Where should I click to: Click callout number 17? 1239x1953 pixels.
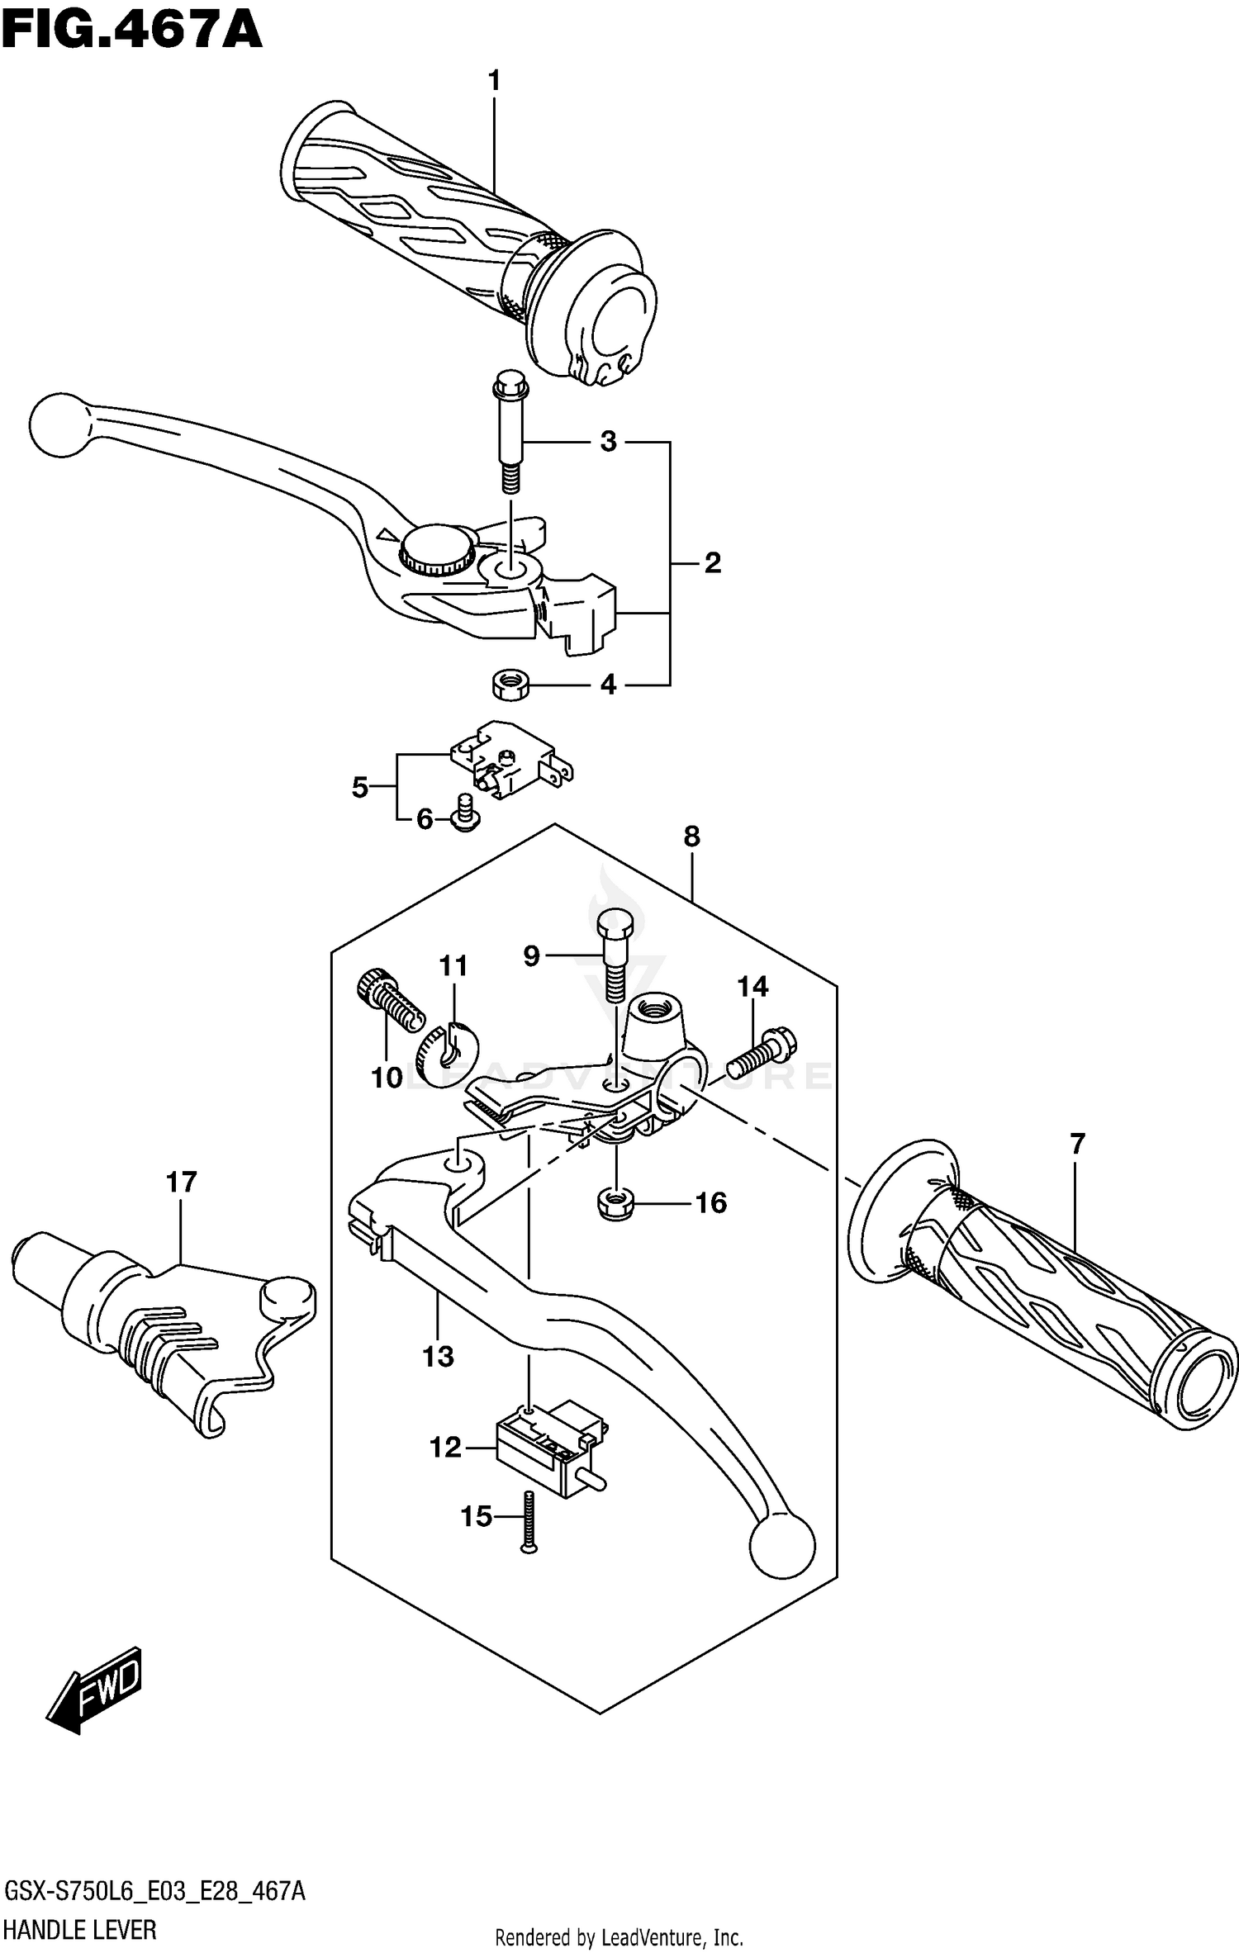pos(181,1183)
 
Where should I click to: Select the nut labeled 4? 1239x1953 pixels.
pos(510,685)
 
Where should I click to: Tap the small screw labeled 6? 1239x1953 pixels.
pos(466,813)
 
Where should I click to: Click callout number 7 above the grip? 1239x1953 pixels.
pos(1076,1145)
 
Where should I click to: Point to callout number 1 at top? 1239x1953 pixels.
pos(494,81)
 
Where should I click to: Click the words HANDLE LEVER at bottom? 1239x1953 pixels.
pos(80,1930)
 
